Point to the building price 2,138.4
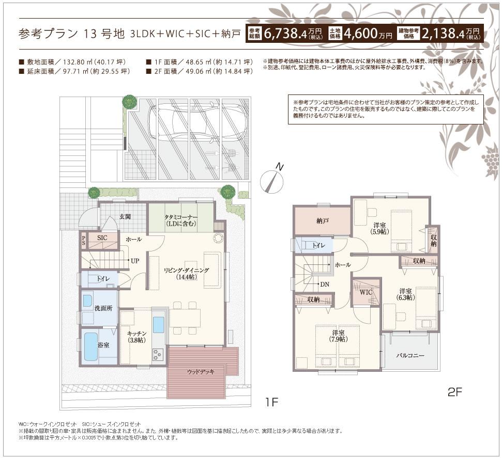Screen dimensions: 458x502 click(443, 34)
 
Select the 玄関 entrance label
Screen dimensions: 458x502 click(125, 217)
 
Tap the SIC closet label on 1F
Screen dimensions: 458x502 click(102, 238)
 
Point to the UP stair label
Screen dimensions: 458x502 click(134, 261)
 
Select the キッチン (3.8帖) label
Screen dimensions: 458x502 click(137, 337)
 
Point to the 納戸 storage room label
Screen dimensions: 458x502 click(323, 220)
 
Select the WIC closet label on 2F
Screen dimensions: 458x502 click(366, 292)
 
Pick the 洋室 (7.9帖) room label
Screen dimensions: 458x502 click(339, 336)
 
